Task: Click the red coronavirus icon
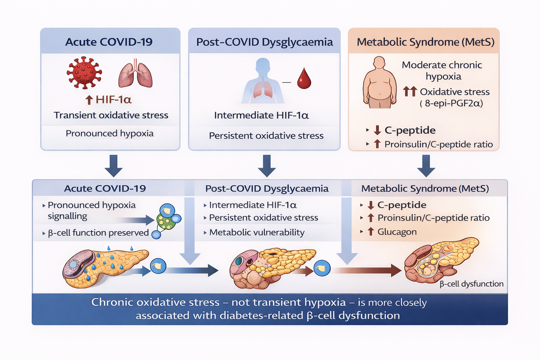(84, 73)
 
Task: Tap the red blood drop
(304, 79)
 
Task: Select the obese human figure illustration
(379, 83)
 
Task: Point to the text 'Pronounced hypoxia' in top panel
(109, 134)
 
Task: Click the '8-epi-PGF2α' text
(454, 103)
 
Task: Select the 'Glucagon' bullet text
(397, 232)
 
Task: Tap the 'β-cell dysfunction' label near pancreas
(471, 284)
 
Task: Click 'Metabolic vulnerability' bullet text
(257, 232)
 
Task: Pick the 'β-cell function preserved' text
(98, 233)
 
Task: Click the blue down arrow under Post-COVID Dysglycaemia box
(267, 166)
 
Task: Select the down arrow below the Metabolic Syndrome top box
(426, 166)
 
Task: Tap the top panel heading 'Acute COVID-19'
(109, 42)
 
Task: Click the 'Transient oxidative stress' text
(111, 115)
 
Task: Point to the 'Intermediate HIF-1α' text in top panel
(262, 115)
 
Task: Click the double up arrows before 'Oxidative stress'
(410, 92)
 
